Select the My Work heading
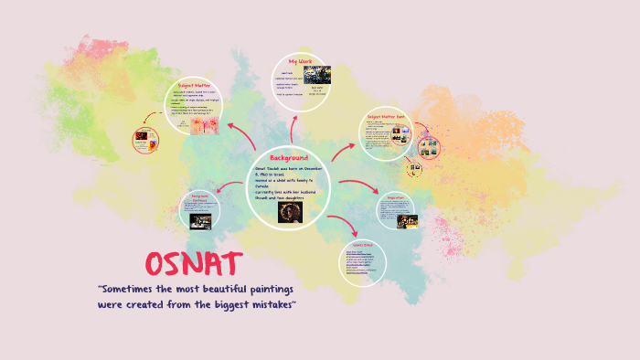(300, 61)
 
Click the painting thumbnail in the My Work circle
(316, 75)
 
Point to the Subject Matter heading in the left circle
(197, 83)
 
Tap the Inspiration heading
(395, 197)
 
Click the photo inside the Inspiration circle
(406, 220)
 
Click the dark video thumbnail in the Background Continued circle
(201, 220)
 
